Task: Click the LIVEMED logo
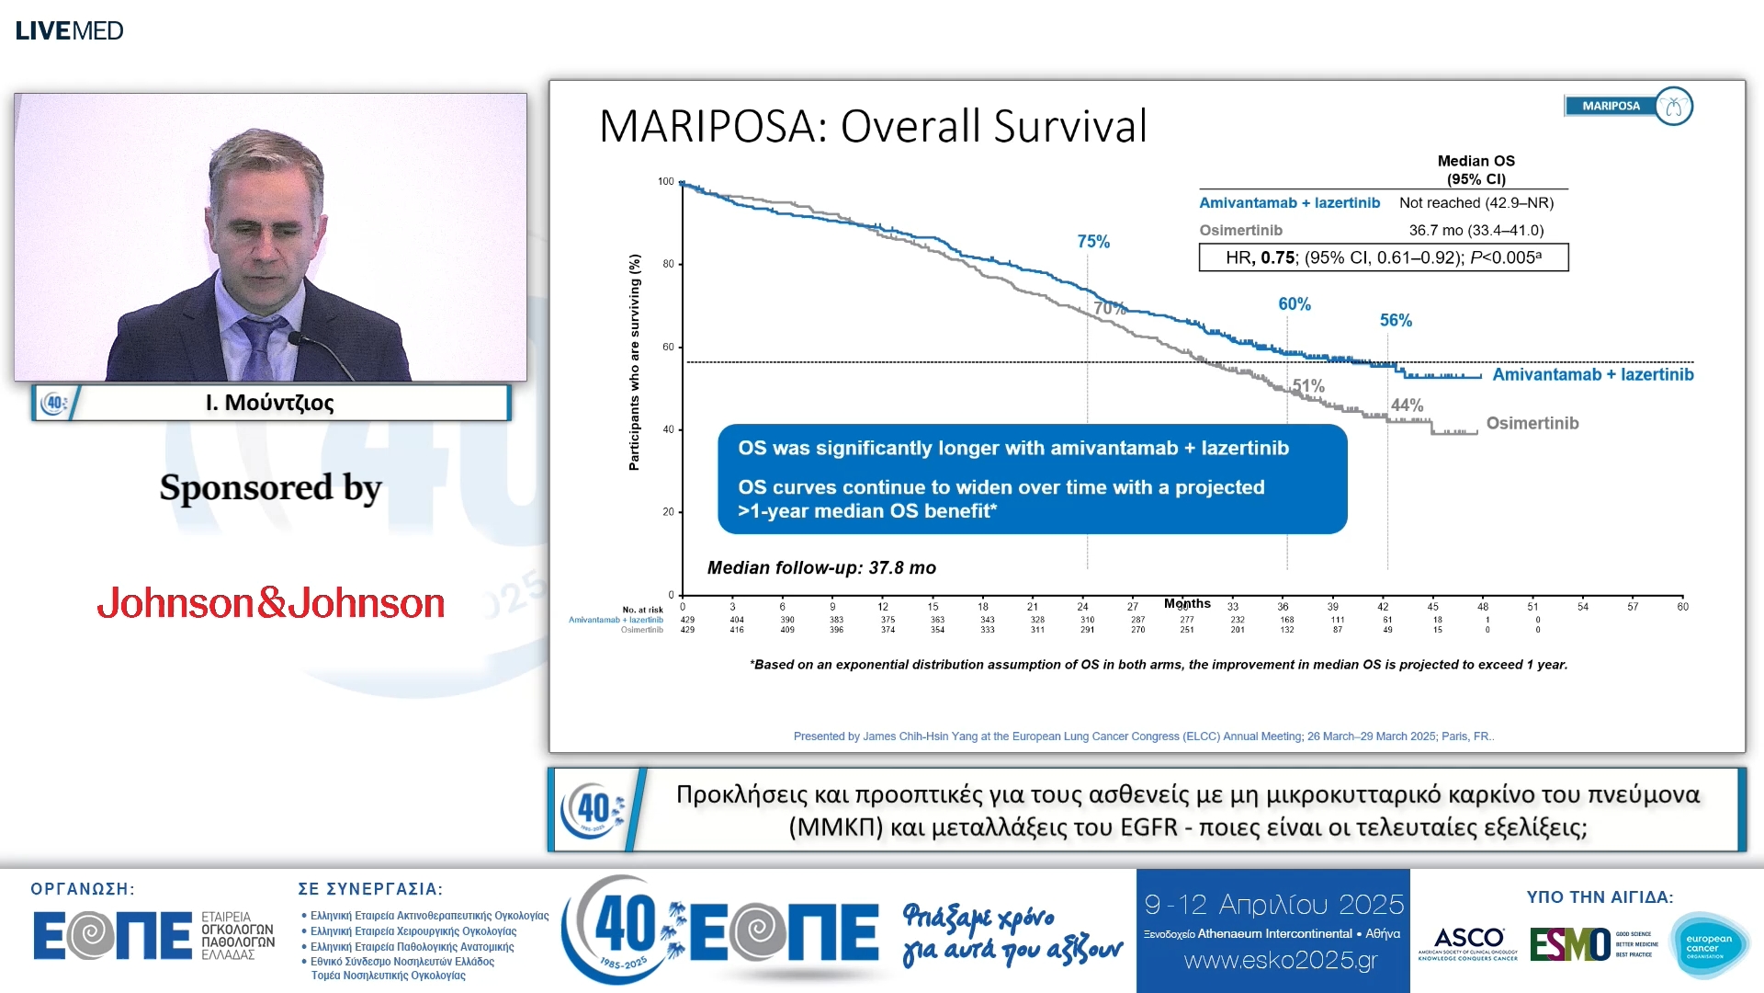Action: click(x=69, y=30)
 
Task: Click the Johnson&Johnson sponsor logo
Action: click(x=271, y=603)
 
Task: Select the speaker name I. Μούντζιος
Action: click(x=269, y=403)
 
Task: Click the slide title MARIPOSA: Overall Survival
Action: click(x=873, y=126)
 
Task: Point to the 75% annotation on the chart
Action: click(x=1093, y=242)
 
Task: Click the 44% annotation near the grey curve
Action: click(x=1407, y=405)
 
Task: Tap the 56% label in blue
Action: click(x=1396, y=320)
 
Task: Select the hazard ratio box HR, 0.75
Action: click(x=1383, y=257)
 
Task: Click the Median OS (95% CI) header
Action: click(x=1476, y=170)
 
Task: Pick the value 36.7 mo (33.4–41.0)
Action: click(x=1476, y=230)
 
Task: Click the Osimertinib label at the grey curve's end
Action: click(x=1532, y=423)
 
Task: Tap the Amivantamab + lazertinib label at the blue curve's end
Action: click(x=1592, y=374)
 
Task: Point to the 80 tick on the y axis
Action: click(x=668, y=264)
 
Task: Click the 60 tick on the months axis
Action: click(x=1682, y=607)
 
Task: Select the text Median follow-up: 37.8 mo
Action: click(x=821, y=568)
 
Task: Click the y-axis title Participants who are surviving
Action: click(x=634, y=362)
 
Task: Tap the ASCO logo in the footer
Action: click(x=1468, y=942)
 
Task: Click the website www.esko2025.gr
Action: click(x=1281, y=961)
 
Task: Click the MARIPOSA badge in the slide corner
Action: click(x=1627, y=106)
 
